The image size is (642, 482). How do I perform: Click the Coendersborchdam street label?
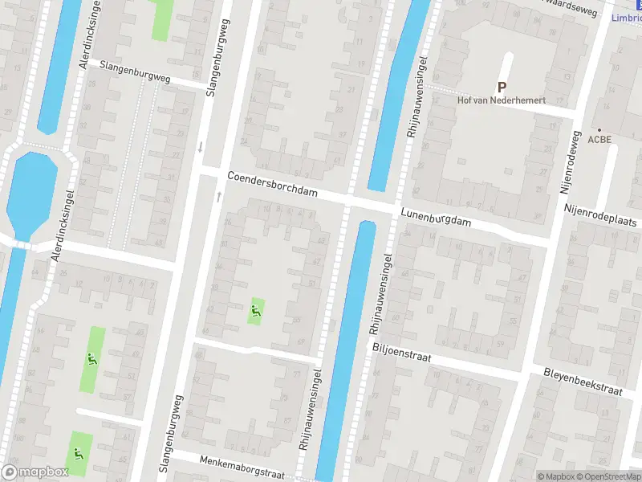point(273,184)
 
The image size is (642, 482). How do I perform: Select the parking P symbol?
point(502,88)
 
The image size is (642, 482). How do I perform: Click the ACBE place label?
point(599,139)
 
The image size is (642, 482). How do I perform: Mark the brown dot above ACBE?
point(599,129)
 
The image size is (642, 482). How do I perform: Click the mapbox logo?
point(35,472)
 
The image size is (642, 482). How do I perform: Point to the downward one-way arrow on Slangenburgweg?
point(201,147)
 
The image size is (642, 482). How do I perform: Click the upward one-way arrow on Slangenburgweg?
point(217,196)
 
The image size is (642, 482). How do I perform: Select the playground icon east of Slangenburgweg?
point(257,311)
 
